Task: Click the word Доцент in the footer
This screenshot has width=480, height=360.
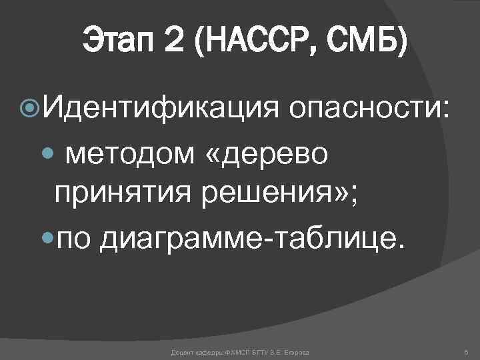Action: (x=181, y=351)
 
